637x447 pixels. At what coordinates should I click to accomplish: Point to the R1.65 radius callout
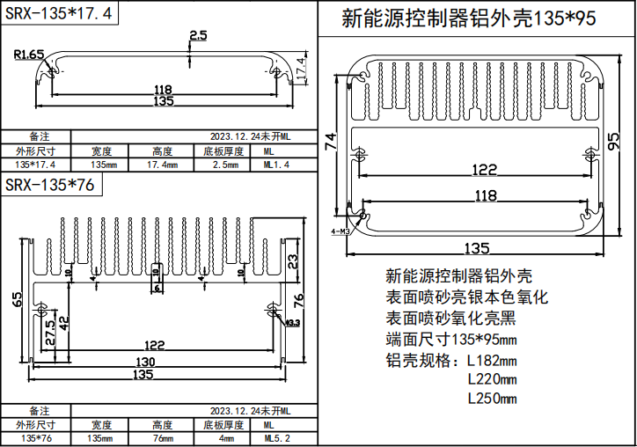click(x=30, y=55)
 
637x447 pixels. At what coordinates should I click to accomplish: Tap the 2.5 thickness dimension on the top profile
click(x=197, y=35)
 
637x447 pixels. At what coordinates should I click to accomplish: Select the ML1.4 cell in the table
click(x=276, y=165)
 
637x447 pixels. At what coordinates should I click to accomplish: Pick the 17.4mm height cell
click(x=163, y=165)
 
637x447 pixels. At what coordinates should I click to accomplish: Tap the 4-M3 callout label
click(x=340, y=231)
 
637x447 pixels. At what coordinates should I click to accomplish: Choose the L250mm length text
click(x=491, y=398)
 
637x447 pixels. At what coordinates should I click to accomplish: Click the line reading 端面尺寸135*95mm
click(x=451, y=339)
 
